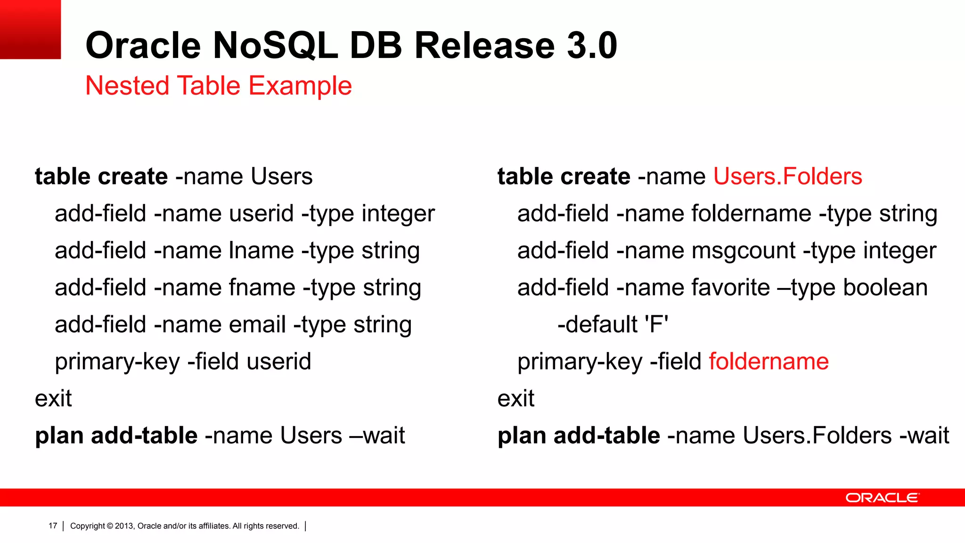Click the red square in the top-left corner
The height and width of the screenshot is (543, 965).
tap(30, 29)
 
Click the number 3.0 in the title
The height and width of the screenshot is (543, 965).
tap(592, 45)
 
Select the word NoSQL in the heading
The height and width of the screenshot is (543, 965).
tap(275, 45)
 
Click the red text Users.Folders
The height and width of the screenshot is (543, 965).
tap(787, 176)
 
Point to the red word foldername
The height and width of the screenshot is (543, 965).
tap(769, 362)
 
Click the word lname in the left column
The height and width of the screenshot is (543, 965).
tap(261, 250)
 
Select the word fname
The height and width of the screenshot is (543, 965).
tap(262, 288)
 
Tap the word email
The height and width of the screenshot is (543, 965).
tap(257, 325)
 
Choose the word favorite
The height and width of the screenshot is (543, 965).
tap(731, 288)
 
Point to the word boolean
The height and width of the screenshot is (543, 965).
tap(885, 288)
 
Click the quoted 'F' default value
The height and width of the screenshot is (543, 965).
tap(656, 324)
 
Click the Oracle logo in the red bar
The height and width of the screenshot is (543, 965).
tap(882, 498)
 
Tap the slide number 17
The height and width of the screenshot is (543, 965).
tap(53, 526)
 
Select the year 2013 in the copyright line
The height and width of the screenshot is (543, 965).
tap(124, 526)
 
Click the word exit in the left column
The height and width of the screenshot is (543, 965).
tap(53, 399)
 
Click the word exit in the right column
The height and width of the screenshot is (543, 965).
tap(516, 399)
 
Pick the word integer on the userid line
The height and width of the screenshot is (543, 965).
tap(398, 214)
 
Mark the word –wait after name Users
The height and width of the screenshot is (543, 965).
tap(377, 436)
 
